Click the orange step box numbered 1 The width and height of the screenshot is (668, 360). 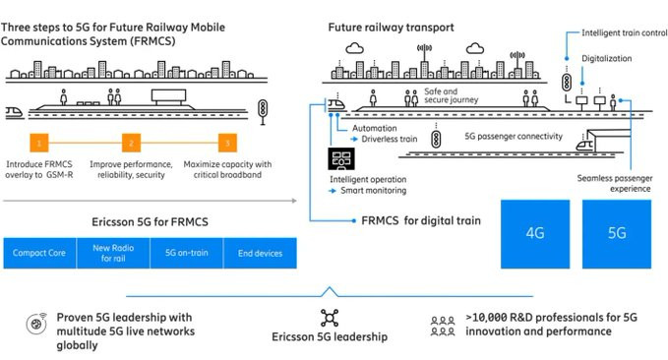tap(38, 143)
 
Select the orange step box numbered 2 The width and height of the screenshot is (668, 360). tap(131, 143)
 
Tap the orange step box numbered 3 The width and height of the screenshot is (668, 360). tap(227, 143)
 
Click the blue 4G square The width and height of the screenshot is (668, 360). tap(535, 234)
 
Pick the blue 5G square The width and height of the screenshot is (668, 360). tap(617, 234)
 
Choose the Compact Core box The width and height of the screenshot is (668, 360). tap(39, 253)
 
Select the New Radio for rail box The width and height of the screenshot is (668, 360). tap(113, 253)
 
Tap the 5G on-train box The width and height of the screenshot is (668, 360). tap(187, 253)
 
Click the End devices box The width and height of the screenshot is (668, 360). tap(260, 253)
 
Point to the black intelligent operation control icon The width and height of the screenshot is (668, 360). tap(341, 159)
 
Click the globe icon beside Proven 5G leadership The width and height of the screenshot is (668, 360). tap(36, 325)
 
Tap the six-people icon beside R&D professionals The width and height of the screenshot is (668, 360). tap(443, 326)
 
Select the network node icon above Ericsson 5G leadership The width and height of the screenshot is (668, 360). tap(330, 318)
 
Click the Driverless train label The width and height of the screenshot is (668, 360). tap(390, 139)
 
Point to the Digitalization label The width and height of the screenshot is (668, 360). tap(607, 59)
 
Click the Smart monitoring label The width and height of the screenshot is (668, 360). tap(373, 191)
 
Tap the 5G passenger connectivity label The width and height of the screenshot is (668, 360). tap(514, 137)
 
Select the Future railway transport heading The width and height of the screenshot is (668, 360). tap(391, 28)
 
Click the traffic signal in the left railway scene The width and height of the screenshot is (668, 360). tap(263, 111)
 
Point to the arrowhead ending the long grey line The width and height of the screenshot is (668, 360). tap(294, 201)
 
